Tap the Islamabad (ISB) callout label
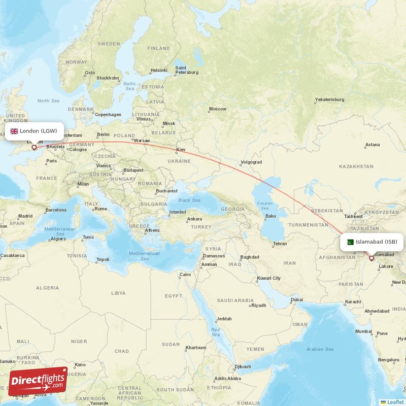[371, 242]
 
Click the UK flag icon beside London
[14, 131]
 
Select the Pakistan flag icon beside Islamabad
[350, 242]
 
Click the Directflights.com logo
[38, 381]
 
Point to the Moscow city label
[217, 109]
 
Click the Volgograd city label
[251, 162]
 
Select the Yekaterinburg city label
[329, 100]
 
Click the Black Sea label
[189, 200]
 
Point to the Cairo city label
[185, 275]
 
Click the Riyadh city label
[258, 306]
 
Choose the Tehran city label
[280, 244]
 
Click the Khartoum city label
[195, 348]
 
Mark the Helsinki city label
[158, 71]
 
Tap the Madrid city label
[25, 216]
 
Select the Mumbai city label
[363, 331]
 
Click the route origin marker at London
[34, 148]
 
